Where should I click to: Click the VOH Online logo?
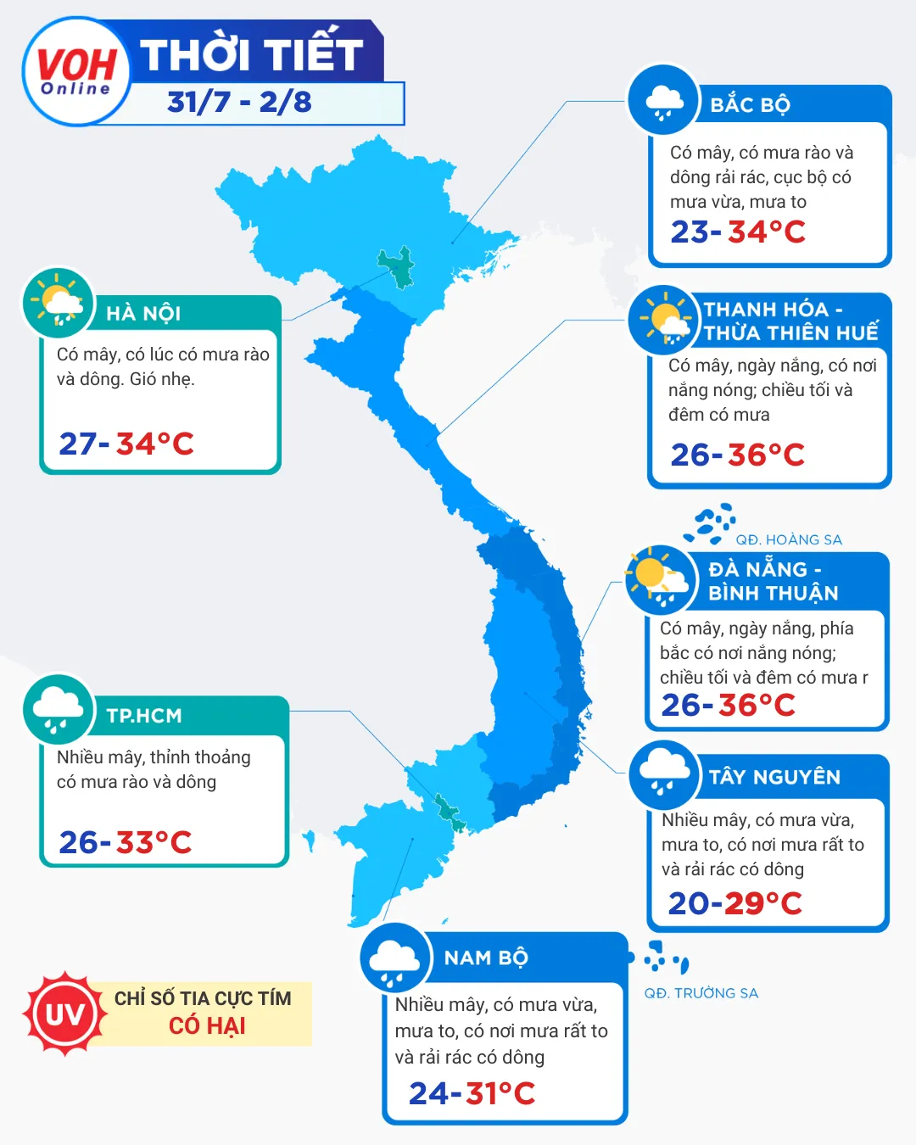[x=76, y=72]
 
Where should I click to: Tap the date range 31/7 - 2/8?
[x=240, y=103]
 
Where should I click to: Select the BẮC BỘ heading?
[x=750, y=105]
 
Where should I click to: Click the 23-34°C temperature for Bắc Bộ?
[x=738, y=232]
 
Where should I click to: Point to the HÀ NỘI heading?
[x=143, y=314]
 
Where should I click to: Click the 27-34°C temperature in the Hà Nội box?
[x=126, y=444]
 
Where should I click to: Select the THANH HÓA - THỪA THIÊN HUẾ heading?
[x=790, y=321]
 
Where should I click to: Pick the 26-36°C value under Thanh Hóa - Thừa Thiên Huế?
[x=737, y=455]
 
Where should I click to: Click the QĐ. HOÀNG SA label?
[x=789, y=540]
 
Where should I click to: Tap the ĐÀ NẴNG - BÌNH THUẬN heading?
[x=773, y=581]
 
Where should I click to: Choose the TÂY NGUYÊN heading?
[x=774, y=777]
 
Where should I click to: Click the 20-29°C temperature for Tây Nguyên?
[x=734, y=904]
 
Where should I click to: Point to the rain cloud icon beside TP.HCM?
[x=58, y=709]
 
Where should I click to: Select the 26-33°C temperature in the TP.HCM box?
[x=126, y=842]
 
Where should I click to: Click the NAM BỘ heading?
[x=486, y=958]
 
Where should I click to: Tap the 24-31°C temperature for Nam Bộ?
[x=472, y=1094]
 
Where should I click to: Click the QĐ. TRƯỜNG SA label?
[x=701, y=993]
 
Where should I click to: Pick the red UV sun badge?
[x=64, y=1014]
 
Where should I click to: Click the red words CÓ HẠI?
[x=207, y=1026]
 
